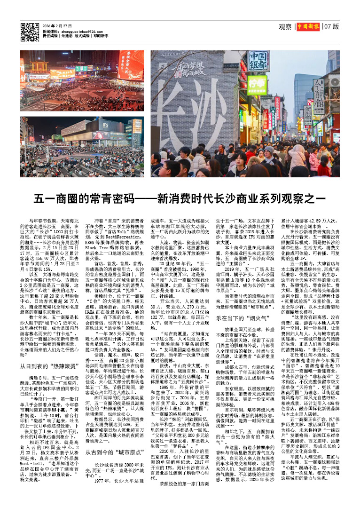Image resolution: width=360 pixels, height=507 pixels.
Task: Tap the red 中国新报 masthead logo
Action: [x=308, y=27]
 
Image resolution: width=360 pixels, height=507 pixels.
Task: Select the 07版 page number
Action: [x=331, y=27]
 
